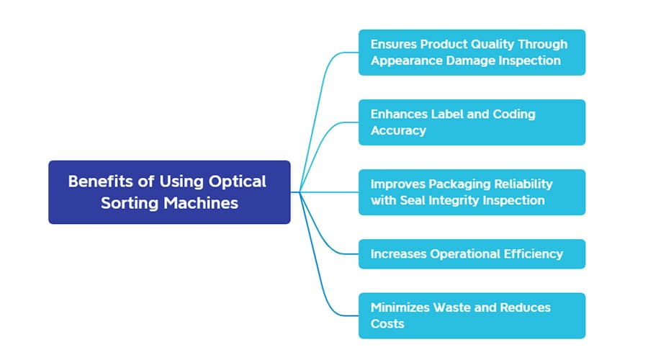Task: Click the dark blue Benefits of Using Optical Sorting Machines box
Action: click(x=169, y=192)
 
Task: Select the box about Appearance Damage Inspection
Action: click(x=472, y=53)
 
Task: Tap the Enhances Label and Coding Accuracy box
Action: click(x=472, y=122)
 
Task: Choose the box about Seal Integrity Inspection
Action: click(x=472, y=192)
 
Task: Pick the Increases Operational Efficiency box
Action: click(x=472, y=253)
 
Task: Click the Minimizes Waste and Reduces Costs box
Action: click(x=472, y=315)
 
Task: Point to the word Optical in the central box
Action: click(x=237, y=181)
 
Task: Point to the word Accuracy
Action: click(x=398, y=130)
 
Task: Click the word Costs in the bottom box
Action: click(x=387, y=323)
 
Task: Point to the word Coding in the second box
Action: click(x=514, y=114)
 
